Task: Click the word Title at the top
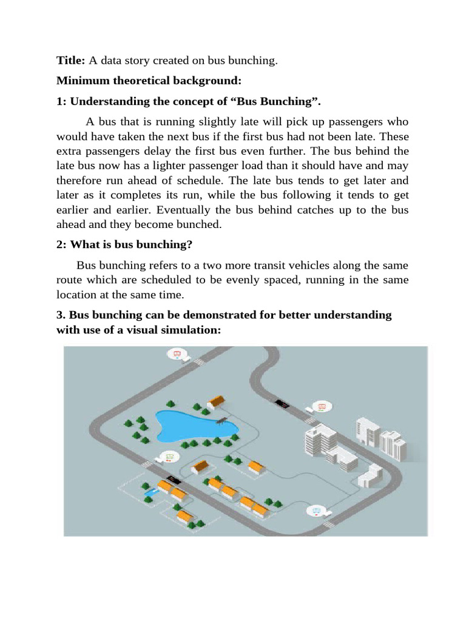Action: (72, 60)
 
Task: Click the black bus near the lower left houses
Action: (174, 480)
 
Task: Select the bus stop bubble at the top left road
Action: (177, 354)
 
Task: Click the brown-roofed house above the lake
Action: (215, 401)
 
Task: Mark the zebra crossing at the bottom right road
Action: (329, 523)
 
